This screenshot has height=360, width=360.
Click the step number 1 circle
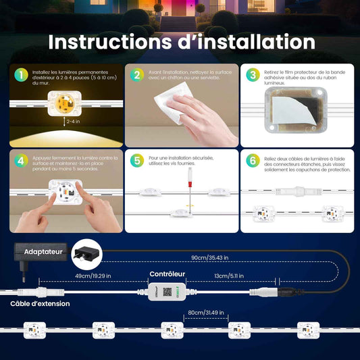pyautogui.click(x=21, y=75)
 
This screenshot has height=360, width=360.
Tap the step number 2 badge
pyautogui.click(x=137, y=75)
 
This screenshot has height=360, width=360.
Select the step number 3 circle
pyautogui.click(x=253, y=75)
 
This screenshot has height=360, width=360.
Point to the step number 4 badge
pyautogui.click(x=21, y=161)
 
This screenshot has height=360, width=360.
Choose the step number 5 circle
pyautogui.click(x=137, y=161)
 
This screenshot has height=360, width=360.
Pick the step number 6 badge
pyautogui.click(x=253, y=161)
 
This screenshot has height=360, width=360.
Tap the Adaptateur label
pyautogui.click(x=43, y=252)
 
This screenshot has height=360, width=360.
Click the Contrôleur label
pyautogui.click(x=167, y=274)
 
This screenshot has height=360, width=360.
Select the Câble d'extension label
pyautogui.click(x=40, y=304)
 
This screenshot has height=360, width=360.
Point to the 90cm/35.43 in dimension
pyautogui.click(x=210, y=257)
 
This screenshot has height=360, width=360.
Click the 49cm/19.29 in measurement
pyautogui.click(x=93, y=276)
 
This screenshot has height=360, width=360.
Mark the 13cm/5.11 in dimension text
pyautogui.click(x=229, y=276)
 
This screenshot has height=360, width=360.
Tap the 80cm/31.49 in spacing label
pyautogui.click(x=206, y=313)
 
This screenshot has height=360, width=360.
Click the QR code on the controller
pyautogui.click(x=167, y=292)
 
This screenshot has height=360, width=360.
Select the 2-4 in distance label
pyautogui.click(x=73, y=121)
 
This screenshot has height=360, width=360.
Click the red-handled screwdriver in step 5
pyautogui.click(x=190, y=191)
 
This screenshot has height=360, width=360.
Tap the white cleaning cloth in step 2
pyautogui.click(x=174, y=103)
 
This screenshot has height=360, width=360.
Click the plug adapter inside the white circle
pyautogui.click(x=86, y=255)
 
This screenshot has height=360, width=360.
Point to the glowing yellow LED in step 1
pyautogui.click(x=65, y=103)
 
